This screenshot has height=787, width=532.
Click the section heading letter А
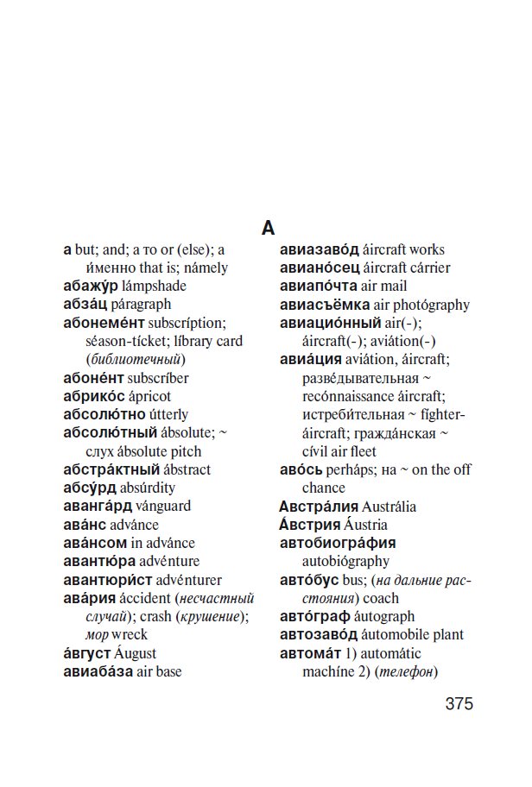[268, 228]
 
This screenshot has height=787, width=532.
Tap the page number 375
[459, 703]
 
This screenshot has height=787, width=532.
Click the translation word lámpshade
[154, 286]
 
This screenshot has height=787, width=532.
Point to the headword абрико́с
[93, 396]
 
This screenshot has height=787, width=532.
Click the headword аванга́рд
[97, 506]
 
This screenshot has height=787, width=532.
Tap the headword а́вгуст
[87, 653]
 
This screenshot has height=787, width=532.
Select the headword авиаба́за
[98, 671]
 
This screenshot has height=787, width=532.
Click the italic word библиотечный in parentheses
[135, 359]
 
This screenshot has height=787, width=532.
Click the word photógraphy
[422, 305]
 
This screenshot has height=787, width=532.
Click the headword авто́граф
[315, 616]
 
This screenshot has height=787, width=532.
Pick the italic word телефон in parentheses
[408, 671]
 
